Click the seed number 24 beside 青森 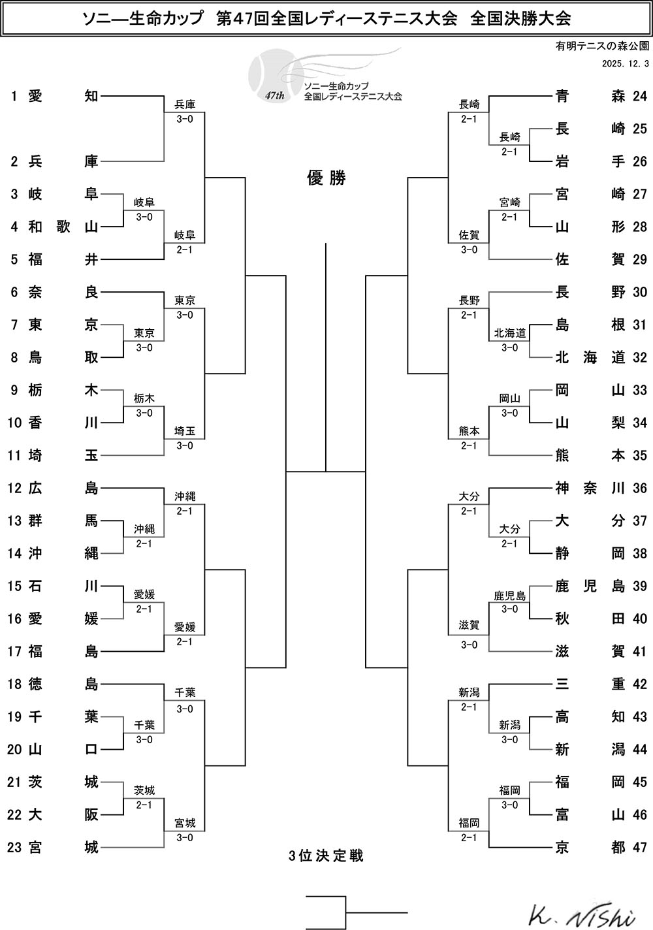tap(639, 96)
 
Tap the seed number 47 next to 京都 tap(639, 847)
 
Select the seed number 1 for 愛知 tap(14, 96)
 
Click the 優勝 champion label tap(326, 178)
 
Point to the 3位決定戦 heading tap(326, 856)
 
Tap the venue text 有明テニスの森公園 tap(602, 46)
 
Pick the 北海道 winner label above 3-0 tap(510, 333)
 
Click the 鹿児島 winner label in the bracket tap(510, 595)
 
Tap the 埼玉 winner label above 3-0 tap(185, 431)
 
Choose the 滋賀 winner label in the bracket tap(469, 626)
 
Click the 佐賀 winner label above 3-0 tap(469, 235)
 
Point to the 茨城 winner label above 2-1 tap(144, 790)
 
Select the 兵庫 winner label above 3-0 tap(185, 104)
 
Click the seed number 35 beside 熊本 tap(639, 455)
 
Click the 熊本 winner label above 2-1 tap(469, 431)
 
